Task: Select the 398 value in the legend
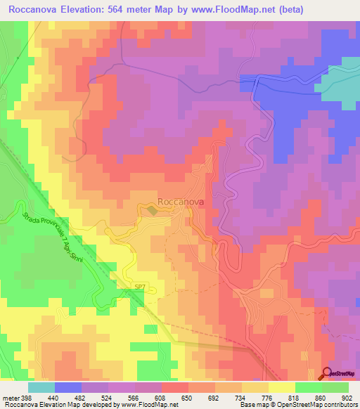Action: pyautogui.click(x=22, y=398)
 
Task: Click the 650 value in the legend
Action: pyautogui.click(x=188, y=398)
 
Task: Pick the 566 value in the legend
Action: pyautogui.click(x=134, y=398)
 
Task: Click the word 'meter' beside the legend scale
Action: pyautogui.click(x=8, y=398)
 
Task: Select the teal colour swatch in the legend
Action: pyautogui.click(x=41, y=387)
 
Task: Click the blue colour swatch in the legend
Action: pyautogui.click(x=67, y=387)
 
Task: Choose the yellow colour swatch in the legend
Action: pyautogui.click(x=281, y=387)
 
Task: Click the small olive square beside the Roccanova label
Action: pyautogui.click(x=152, y=209)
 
